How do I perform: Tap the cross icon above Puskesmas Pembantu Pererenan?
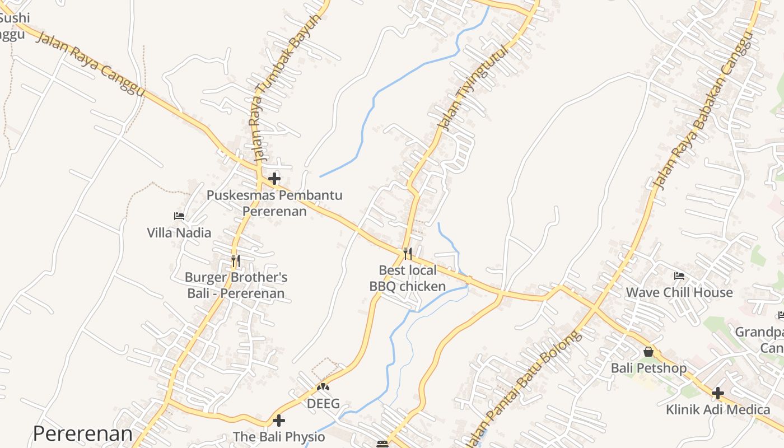[x=274, y=179]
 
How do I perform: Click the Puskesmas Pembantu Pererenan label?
[x=274, y=203]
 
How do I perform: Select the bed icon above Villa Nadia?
[x=179, y=216]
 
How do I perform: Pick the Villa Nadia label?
[x=179, y=233]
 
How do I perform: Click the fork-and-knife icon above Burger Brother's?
[x=236, y=261]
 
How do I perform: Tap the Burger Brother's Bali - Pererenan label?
[x=236, y=285]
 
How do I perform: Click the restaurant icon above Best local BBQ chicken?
[x=408, y=254]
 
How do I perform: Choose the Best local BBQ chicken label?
[x=408, y=278]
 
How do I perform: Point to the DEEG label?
[x=323, y=403]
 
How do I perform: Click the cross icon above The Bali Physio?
[x=279, y=421]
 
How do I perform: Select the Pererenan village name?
[x=83, y=433]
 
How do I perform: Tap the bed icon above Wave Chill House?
[x=679, y=276]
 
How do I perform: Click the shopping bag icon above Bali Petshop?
[x=648, y=352]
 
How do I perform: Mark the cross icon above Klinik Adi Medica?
[x=718, y=393]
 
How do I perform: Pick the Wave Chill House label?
[x=679, y=292]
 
